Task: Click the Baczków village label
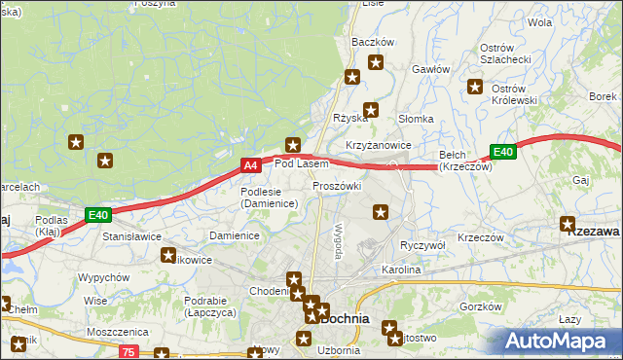point(372,43)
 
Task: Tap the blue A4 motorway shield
point(250,166)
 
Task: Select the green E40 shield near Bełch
point(502,152)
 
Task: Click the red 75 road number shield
point(130,351)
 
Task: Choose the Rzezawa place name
point(594,232)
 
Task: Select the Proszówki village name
point(337,186)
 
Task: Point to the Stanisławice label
point(131,235)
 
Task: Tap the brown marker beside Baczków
point(376,63)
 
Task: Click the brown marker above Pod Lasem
point(291,144)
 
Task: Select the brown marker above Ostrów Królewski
point(476,86)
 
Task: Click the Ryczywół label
point(422,245)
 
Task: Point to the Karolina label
point(400,270)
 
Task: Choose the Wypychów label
point(104,277)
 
